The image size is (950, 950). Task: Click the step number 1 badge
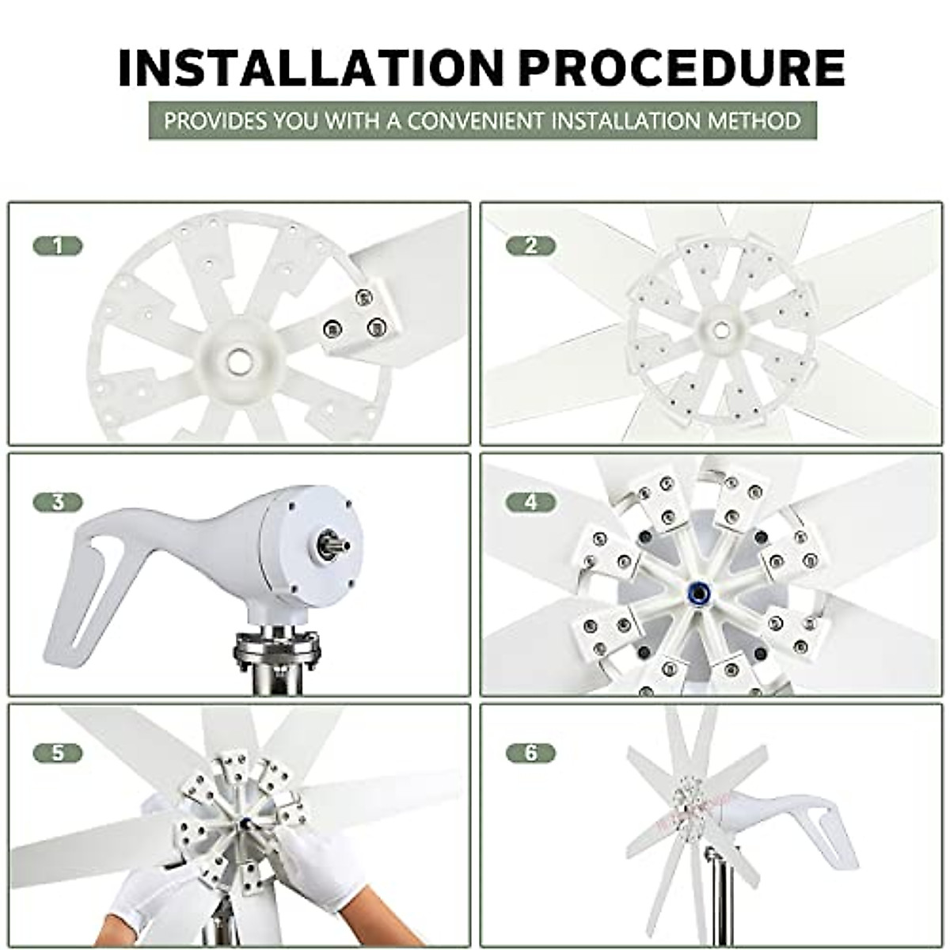coord(57,246)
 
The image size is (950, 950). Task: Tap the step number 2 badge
coord(530,246)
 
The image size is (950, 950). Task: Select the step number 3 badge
coord(57,503)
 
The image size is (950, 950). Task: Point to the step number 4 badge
coord(530,503)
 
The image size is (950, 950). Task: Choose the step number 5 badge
coord(57,752)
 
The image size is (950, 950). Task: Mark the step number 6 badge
coord(530,752)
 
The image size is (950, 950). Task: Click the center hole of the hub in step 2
coord(720,329)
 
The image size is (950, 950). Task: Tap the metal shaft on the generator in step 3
coord(332,545)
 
